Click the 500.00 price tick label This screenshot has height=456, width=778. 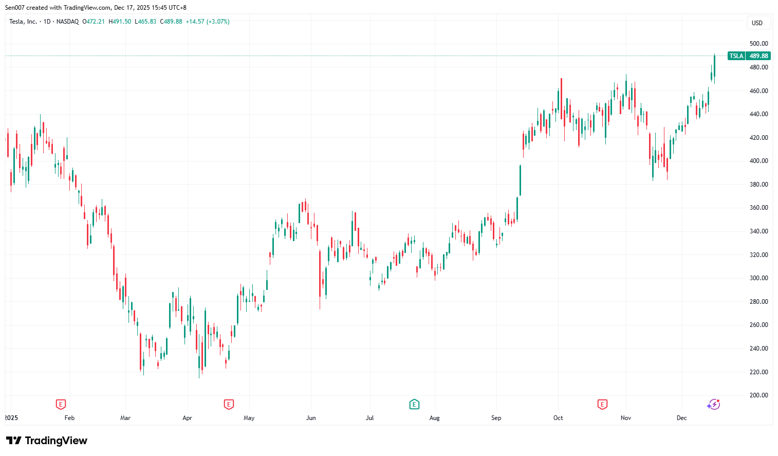coord(758,44)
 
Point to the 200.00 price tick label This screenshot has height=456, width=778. coord(758,395)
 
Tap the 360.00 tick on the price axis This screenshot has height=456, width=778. coord(758,208)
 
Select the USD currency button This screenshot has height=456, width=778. coord(757,23)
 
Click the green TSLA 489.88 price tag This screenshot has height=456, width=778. coord(749,56)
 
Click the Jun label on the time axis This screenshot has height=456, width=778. coord(311,418)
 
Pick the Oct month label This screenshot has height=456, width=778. coord(558,418)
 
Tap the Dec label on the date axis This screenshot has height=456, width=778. coord(681,418)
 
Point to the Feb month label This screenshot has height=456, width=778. coord(69,418)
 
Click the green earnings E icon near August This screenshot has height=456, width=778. coord(414,405)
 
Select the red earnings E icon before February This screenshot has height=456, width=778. coord(61,405)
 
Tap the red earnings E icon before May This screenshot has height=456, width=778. coord(229,405)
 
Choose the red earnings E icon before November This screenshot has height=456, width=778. coord(602,405)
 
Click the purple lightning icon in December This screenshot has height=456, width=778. coord(713,405)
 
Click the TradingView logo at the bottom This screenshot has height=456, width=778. coord(47,441)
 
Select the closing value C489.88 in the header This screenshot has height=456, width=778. coord(171,22)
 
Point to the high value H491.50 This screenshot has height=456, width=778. coord(120,22)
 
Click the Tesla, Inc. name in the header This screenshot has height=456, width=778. coord(23,22)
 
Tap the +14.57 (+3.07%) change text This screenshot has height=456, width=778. coord(208,22)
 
